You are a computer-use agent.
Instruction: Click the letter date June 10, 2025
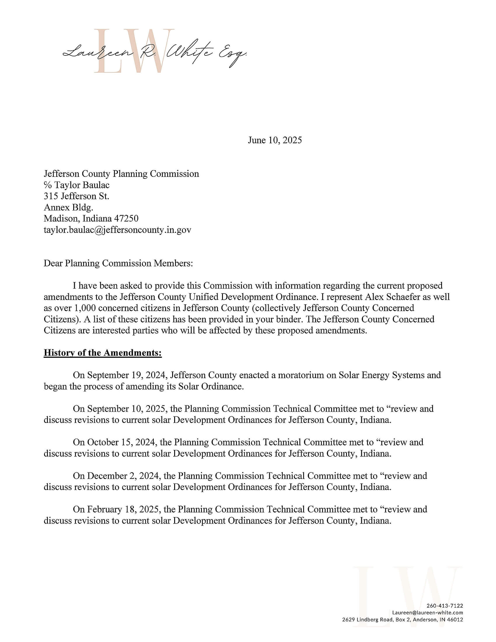[x=275, y=140]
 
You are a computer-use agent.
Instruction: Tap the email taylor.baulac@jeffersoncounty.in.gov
[x=117, y=230]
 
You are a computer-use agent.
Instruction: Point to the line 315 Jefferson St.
[x=76, y=196]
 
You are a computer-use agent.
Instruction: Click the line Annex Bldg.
[x=69, y=207]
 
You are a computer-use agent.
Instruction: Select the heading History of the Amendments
[x=102, y=353]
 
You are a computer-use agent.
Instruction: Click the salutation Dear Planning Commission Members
[x=118, y=263]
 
